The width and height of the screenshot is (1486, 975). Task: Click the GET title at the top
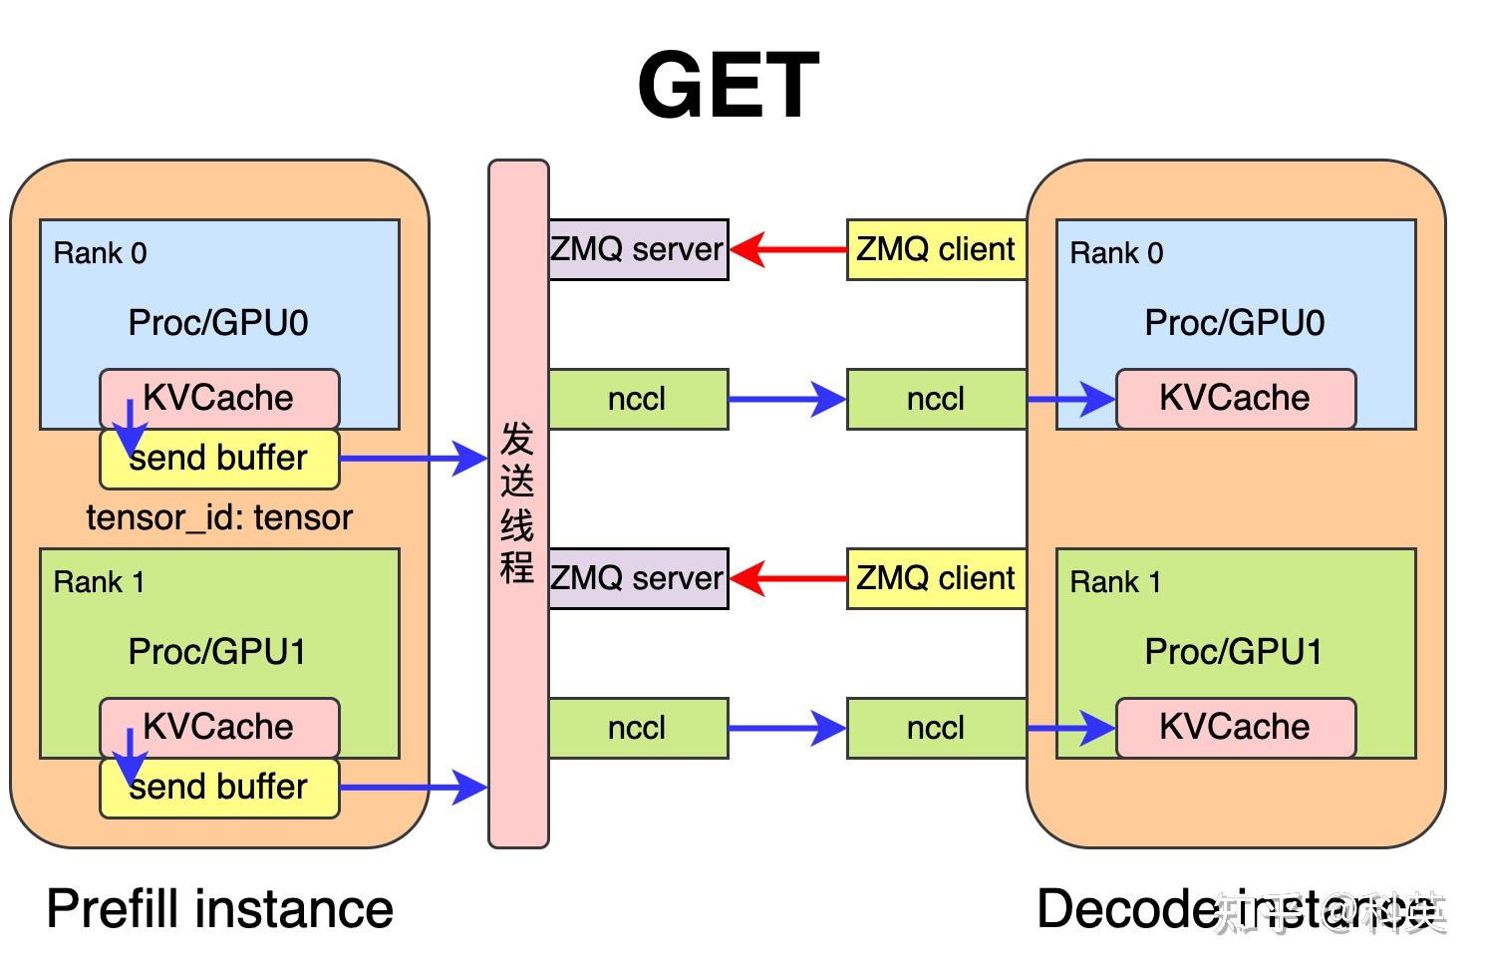point(728,86)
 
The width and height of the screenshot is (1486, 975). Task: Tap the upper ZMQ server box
point(638,249)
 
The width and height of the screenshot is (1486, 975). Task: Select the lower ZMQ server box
point(638,578)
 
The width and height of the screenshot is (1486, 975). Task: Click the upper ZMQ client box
point(936,249)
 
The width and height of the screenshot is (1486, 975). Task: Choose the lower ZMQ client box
point(936,578)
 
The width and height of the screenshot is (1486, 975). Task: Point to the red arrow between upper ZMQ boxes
point(787,249)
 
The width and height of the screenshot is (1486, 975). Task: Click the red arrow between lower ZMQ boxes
point(787,578)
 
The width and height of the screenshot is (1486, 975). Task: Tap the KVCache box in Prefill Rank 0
point(219,398)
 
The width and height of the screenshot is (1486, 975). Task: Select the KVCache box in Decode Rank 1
point(1235,727)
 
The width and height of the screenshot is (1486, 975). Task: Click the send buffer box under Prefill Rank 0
point(219,459)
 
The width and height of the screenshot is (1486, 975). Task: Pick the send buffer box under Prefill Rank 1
point(219,788)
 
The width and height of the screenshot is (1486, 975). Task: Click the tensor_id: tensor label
point(219,517)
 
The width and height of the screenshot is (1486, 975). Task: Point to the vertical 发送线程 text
point(517,503)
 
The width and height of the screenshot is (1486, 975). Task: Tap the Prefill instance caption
point(219,909)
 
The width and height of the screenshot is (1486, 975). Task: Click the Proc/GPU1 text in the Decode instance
point(1234,652)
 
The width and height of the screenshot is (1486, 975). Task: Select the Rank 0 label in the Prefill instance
point(100,253)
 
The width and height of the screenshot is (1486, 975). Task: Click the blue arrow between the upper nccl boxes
point(787,399)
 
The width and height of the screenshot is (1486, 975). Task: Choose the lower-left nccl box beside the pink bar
point(638,728)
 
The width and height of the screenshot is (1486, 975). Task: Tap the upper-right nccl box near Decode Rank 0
point(936,399)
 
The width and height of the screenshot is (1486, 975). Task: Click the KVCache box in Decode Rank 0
point(1235,398)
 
